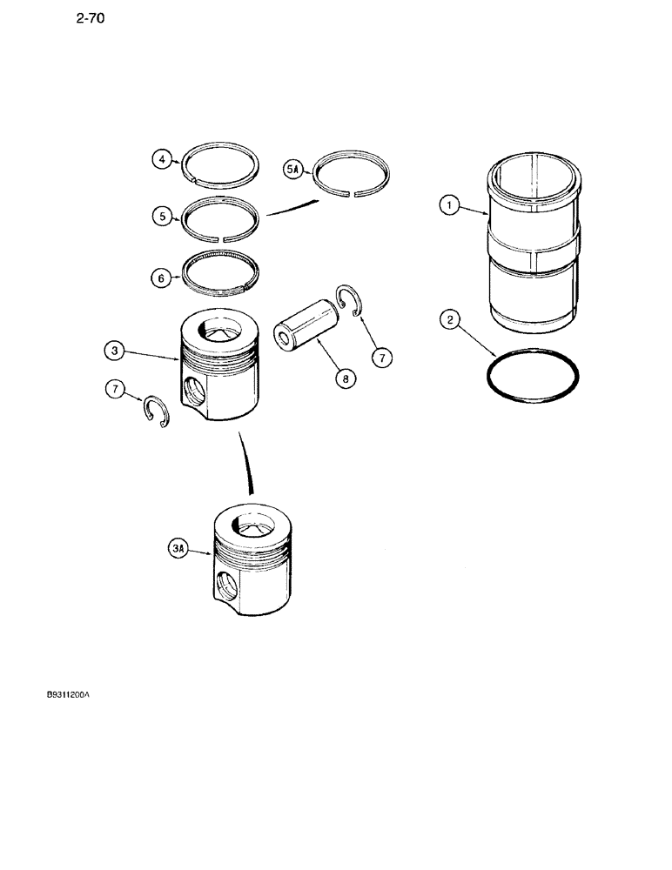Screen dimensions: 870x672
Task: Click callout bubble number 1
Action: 449,206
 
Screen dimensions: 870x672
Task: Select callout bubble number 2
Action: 449,322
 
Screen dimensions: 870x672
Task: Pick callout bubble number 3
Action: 114,351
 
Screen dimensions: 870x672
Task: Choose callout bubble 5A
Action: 293,170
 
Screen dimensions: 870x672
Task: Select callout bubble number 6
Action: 160,278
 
